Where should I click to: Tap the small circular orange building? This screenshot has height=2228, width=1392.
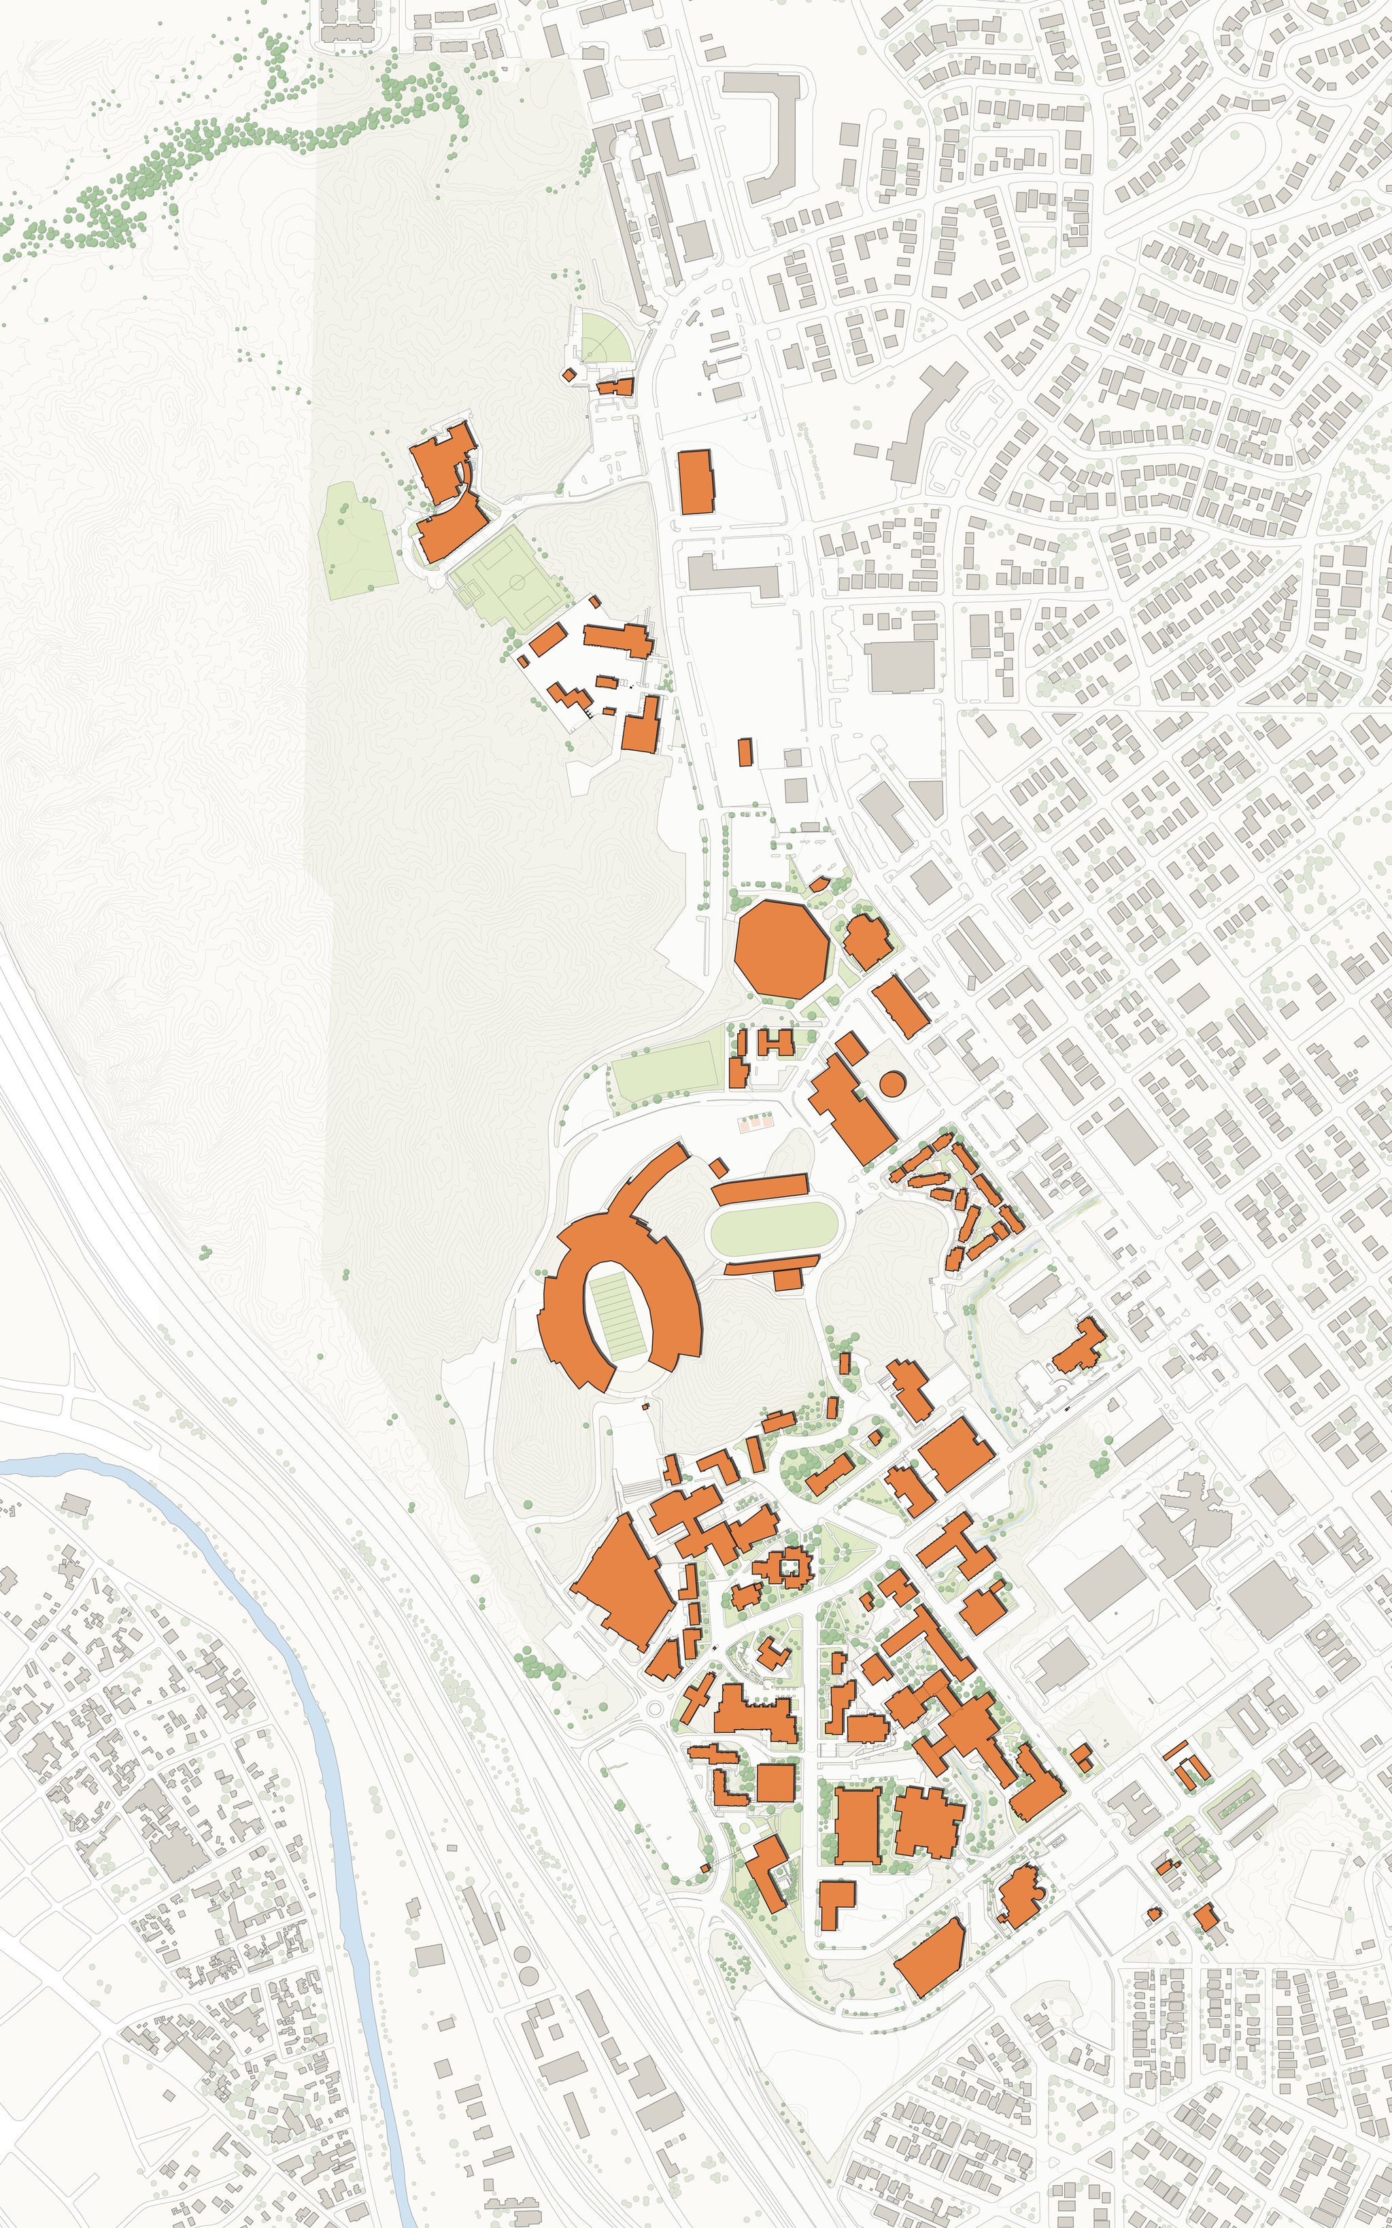coord(892,1083)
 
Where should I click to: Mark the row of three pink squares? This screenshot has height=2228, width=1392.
coord(756,1122)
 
